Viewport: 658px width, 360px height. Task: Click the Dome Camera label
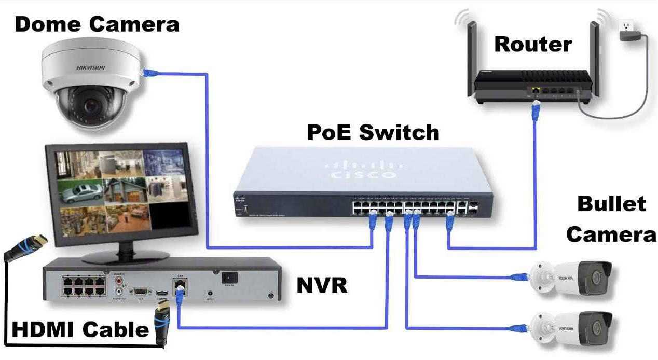coord(97,24)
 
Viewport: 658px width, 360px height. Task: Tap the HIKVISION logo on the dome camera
coord(91,67)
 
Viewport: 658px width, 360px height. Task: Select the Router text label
coord(532,44)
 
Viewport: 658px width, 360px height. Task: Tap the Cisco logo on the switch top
coord(362,172)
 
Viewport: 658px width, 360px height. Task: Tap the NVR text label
coord(322,285)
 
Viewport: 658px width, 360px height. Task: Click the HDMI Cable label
coord(80,329)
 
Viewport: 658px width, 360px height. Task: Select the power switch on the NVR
coord(229,278)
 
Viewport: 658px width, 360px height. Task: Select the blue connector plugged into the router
coord(537,109)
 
